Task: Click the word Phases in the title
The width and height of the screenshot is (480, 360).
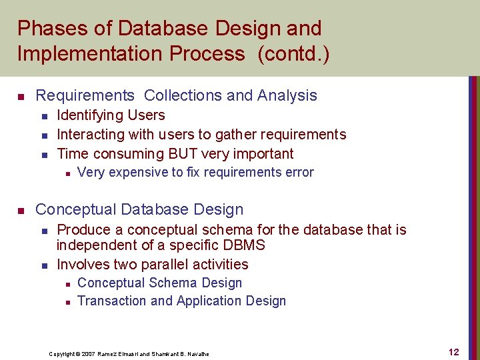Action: (x=49, y=29)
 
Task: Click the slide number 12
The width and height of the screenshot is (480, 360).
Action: (x=453, y=352)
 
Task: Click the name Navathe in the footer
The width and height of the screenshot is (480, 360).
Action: (x=196, y=353)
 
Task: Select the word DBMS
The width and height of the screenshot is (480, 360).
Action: (x=244, y=245)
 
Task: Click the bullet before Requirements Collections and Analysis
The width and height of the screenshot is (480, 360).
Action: (x=22, y=96)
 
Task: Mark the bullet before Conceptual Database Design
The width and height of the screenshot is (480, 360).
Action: (x=22, y=211)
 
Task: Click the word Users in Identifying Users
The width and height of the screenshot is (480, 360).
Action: (x=145, y=115)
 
